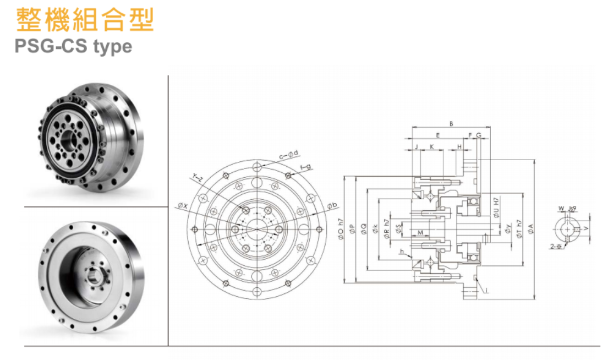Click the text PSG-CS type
coord(73,46)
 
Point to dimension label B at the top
coord(451,124)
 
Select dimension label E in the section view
coord(437,135)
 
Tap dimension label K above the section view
coord(432,146)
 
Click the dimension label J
coord(417,146)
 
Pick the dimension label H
coord(459,146)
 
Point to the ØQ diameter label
coord(364,230)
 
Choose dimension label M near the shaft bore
coord(420,233)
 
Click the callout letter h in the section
coord(402,252)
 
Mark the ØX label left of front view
coord(182,206)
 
